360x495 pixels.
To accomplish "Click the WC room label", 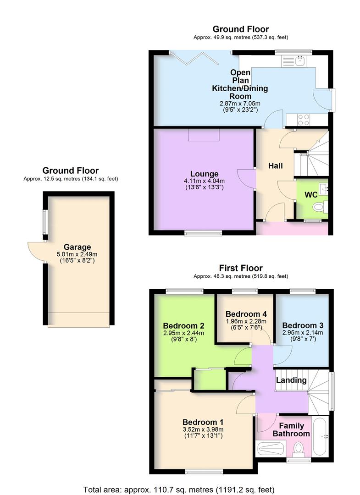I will pos(311,194).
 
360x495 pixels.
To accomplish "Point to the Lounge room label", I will pos(204,174).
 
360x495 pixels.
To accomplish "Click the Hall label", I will pos(275,166).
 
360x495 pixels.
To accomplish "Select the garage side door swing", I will pos(36,250).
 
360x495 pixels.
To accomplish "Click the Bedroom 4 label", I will pos(246,314).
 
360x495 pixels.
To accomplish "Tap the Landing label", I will pos(291,380).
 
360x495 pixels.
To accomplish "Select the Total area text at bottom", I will pos(179,489).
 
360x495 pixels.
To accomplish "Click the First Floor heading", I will pos(240,268).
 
